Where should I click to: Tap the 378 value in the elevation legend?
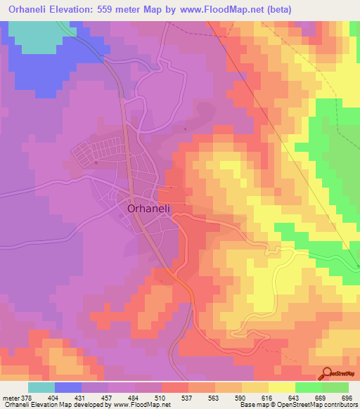point(29,397)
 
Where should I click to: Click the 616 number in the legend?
point(269,397)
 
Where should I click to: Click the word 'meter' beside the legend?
point(11,397)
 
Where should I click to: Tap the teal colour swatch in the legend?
point(41,387)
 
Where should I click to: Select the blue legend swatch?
point(68,387)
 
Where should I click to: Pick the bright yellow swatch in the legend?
point(282,387)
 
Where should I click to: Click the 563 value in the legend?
point(215,397)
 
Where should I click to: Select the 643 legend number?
point(295,397)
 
